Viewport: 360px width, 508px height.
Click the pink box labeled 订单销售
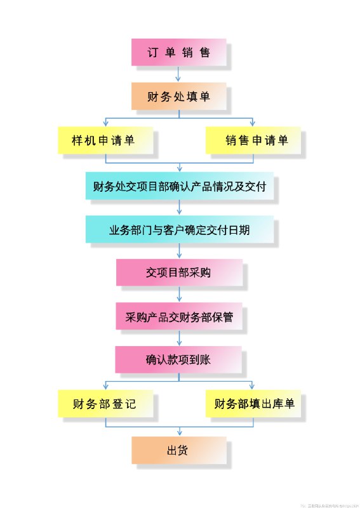click(x=178, y=52)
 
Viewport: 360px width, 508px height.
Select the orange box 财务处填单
click(x=178, y=97)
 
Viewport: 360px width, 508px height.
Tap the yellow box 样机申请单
click(x=105, y=140)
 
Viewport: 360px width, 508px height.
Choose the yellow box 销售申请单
click(x=253, y=140)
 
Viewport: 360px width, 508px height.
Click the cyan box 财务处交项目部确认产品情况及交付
click(x=179, y=186)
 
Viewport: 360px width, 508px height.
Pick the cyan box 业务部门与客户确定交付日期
click(x=179, y=229)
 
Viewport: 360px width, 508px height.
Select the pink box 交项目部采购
click(x=179, y=273)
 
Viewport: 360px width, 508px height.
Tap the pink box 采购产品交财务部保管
click(x=179, y=316)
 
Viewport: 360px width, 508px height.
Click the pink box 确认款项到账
click(x=178, y=359)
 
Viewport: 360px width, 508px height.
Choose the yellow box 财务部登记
click(x=105, y=403)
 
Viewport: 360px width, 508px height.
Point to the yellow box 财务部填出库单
click(x=253, y=403)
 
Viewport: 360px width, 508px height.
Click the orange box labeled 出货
click(x=178, y=450)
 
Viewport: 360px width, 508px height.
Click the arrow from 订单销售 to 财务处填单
click(x=179, y=74)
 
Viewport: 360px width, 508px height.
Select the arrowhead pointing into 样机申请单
click(x=105, y=124)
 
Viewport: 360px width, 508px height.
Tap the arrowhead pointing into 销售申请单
click(x=253, y=124)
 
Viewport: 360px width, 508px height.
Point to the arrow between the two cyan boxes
click(x=179, y=208)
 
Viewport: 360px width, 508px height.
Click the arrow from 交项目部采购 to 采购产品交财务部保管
click(x=179, y=294)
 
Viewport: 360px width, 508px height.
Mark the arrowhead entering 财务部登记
click(x=105, y=387)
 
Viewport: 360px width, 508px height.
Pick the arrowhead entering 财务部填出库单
click(x=253, y=387)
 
